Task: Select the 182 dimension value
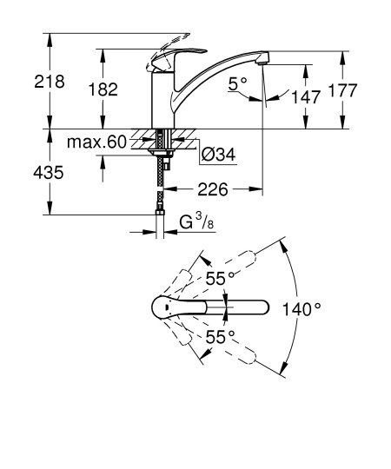click(106, 90)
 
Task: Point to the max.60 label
click(97, 141)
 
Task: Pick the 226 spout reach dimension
click(213, 187)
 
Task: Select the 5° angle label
click(237, 83)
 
